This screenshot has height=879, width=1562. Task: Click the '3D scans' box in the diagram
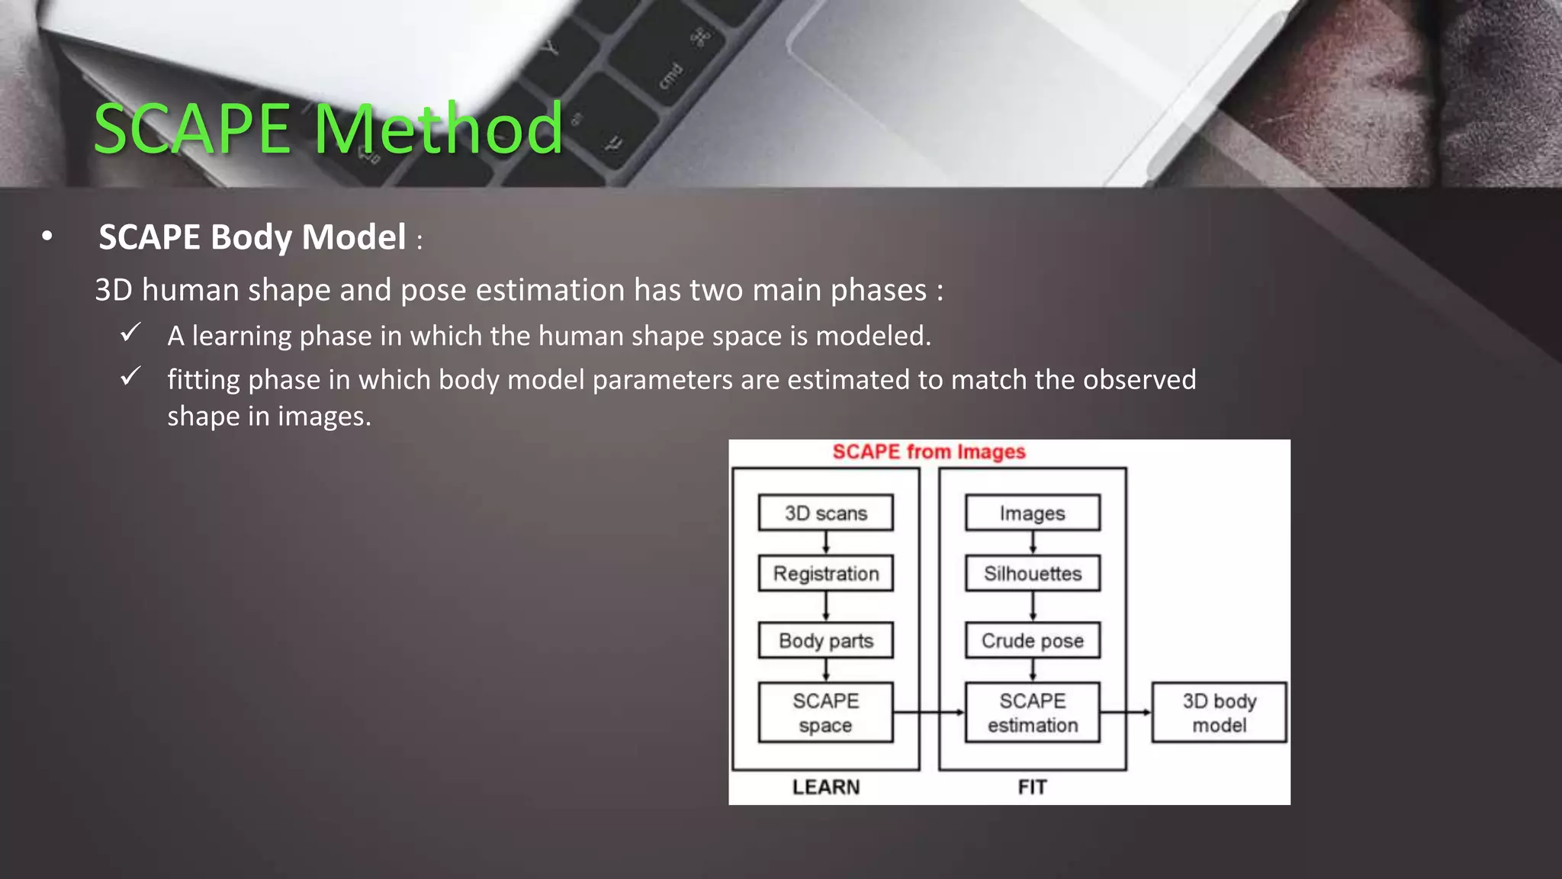pyautogui.click(x=825, y=513)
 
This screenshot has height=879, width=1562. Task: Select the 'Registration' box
pyautogui.click(x=825, y=573)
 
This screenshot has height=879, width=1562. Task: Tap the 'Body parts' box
pyautogui.click(x=825, y=640)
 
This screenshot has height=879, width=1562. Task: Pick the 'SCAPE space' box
pyautogui.click(x=825, y=712)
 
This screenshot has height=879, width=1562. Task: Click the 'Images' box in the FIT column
pyautogui.click(x=1032, y=513)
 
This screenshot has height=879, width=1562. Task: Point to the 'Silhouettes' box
pyautogui.click(x=1032, y=573)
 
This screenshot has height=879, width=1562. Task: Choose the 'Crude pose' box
pyautogui.click(x=1032, y=640)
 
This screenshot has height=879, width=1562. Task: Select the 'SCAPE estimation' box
pyautogui.click(x=1032, y=712)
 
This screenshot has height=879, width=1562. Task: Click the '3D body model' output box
pyautogui.click(x=1219, y=712)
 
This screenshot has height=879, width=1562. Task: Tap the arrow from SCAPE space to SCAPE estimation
pyautogui.click(x=929, y=712)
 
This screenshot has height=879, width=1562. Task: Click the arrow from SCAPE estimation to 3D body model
pyautogui.click(x=1126, y=712)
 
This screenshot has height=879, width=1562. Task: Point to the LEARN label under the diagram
pyautogui.click(x=825, y=787)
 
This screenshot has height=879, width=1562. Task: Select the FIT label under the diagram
pyautogui.click(x=1032, y=787)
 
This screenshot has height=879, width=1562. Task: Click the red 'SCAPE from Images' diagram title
pyautogui.click(x=928, y=452)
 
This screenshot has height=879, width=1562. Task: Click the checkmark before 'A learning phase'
pyautogui.click(x=130, y=333)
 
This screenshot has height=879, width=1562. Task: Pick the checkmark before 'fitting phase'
pyautogui.click(x=130, y=376)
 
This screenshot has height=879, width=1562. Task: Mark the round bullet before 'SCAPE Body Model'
pyautogui.click(x=47, y=237)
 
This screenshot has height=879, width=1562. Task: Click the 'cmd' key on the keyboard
pyautogui.click(x=670, y=76)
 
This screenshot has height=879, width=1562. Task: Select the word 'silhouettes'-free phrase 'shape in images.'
pyautogui.click(x=268, y=417)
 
